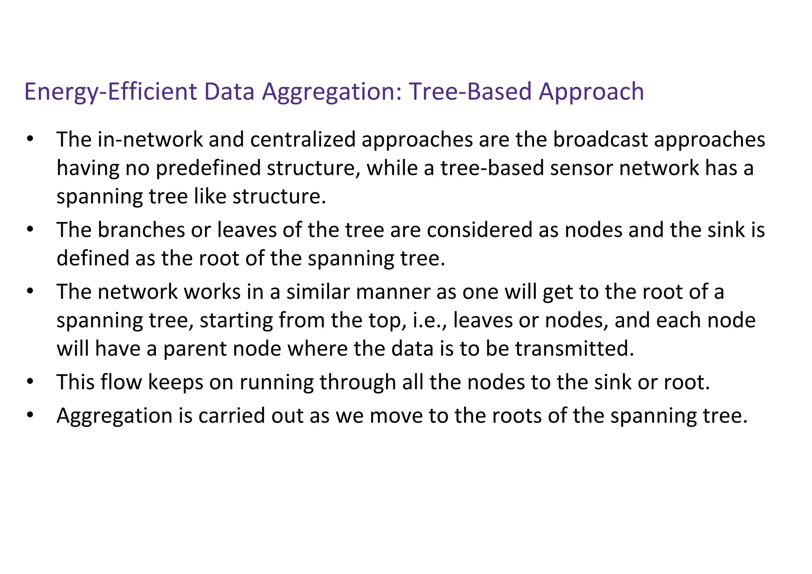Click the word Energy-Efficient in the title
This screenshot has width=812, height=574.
tap(111, 92)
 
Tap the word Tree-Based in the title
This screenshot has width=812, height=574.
tap(470, 91)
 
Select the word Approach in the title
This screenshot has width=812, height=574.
tap(591, 92)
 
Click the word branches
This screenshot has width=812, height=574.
tap(141, 230)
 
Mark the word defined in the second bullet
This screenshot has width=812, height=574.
tap(93, 258)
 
